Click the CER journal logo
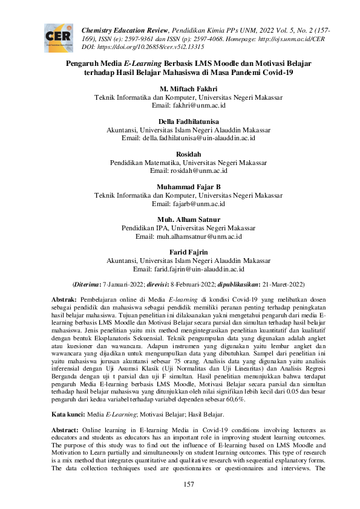click(58, 37)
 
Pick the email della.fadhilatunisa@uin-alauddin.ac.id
click(188, 138)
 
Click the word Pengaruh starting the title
click(84, 63)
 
